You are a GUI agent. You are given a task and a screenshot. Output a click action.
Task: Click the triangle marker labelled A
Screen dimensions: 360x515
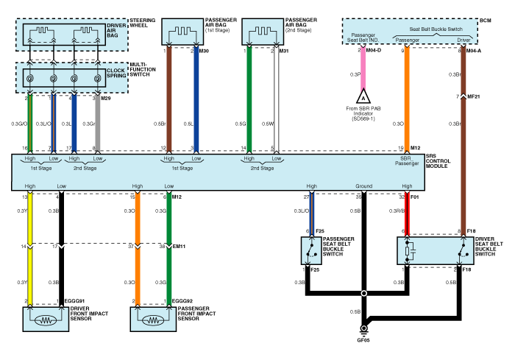click(x=362, y=96)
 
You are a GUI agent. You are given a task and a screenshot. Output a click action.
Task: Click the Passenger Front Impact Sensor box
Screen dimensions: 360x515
click(x=154, y=320)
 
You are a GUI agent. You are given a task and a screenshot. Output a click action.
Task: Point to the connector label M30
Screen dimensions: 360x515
click(x=204, y=51)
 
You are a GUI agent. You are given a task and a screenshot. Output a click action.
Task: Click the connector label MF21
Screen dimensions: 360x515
click(x=475, y=96)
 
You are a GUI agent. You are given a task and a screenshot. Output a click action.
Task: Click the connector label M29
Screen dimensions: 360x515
click(x=106, y=97)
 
